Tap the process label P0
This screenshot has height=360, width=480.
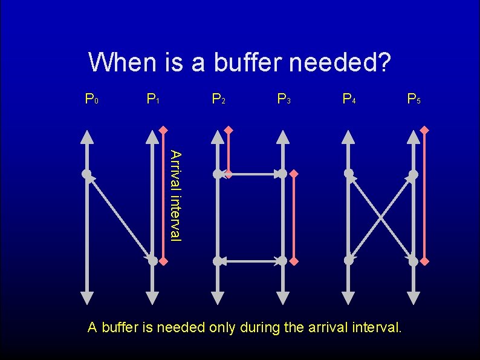pyautogui.click(x=91, y=98)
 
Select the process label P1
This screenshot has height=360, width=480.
pyautogui.click(x=153, y=98)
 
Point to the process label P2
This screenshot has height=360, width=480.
pyautogui.click(x=218, y=98)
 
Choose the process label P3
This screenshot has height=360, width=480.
pyautogui.click(x=284, y=98)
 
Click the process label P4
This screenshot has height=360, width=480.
pyautogui.click(x=349, y=98)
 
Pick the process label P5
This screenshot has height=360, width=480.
pyautogui.click(x=414, y=98)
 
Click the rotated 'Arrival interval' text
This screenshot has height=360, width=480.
pyautogui.click(x=175, y=195)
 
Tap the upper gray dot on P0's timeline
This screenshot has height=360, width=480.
pyautogui.click(x=87, y=174)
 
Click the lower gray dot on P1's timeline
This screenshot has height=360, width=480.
pyautogui.click(x=153, y=261)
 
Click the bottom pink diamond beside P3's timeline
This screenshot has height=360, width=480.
pyautogui.click(x=294, y=261)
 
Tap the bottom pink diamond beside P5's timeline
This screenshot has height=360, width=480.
pyautogui.click(x=424, y=261)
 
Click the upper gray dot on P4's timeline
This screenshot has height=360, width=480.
pyautogui.click(x=349, y=174)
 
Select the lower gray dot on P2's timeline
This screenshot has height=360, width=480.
pyautogui.click(x=218, y=261)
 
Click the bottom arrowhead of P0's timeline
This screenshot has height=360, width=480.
pyautogui.click(x=87, y=297)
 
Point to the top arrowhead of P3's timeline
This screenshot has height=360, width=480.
pyautogui.click(x=283, y=137)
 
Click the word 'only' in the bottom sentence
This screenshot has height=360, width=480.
pyautogui.click(x=222, y=328)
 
